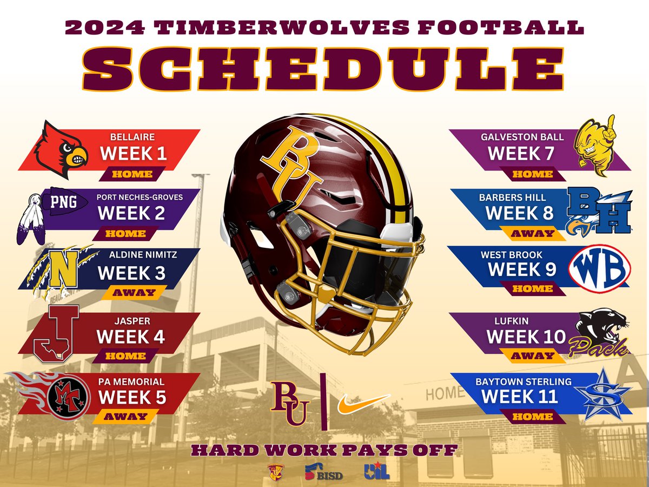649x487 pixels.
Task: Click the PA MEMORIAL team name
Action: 131,381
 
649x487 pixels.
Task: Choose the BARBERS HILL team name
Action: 512,198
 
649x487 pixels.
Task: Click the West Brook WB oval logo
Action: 600,269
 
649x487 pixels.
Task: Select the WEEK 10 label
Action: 526,337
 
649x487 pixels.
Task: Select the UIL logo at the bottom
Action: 377,471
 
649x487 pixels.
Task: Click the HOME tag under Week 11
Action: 533,417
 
